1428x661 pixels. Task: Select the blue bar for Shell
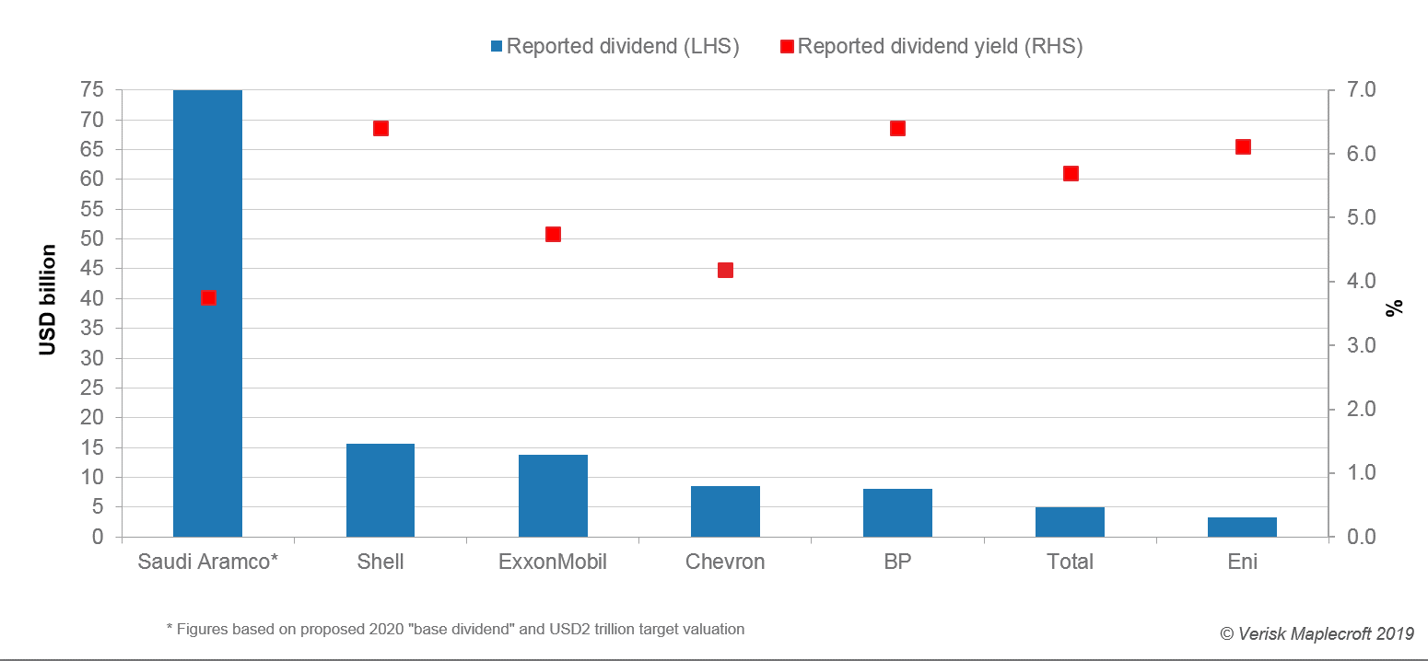point(380,490)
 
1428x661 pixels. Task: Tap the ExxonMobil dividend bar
point(553,495)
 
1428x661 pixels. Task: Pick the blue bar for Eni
point(1242,527)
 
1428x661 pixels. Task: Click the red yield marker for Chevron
point(725,270)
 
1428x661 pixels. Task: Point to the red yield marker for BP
point(897,128)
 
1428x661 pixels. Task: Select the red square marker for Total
point(1070,173)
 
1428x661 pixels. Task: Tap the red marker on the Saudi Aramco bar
point(208,297)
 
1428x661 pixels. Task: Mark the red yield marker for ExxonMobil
point(553,234)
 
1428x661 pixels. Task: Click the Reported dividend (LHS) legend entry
point(615,46)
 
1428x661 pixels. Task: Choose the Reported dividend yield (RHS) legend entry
point(931,46)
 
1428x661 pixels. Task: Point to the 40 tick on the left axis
point(95,298)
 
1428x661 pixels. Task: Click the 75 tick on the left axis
point(95,90)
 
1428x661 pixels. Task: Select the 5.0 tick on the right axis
point(1361,217)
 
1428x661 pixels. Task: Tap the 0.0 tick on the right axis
point(1361,537)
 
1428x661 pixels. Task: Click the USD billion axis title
point(47,299)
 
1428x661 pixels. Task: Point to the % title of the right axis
point(1394,307)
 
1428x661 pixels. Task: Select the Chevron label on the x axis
point(725,562)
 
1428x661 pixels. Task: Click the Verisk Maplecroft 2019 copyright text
point(1316,633)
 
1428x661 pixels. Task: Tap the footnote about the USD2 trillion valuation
point(455,629)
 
